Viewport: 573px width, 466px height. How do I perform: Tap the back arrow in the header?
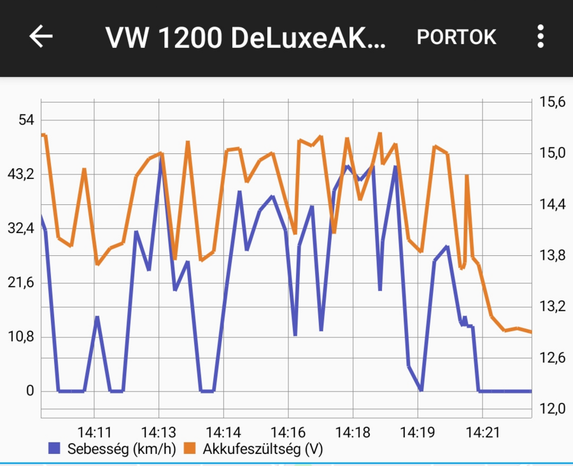(x=41, y=37)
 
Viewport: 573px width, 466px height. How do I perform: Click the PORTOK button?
(x=456, y=38)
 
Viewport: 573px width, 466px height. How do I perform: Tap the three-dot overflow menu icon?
(x=540, y=37)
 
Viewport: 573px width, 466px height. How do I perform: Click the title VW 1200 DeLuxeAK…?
(x=246, y=38)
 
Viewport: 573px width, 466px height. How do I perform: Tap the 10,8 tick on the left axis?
(x=22, y=337)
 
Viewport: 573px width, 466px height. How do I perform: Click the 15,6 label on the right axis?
(x=552, y=102)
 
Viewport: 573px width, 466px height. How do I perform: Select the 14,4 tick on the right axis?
(x=552, y=204)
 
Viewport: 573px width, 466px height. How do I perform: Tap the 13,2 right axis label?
(x=552, y=306)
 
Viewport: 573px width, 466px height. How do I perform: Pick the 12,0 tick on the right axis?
(x=552, y=409)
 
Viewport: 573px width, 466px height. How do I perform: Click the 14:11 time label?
(x=94, y=433)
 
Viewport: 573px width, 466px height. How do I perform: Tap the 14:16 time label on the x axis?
(x=288, y=433)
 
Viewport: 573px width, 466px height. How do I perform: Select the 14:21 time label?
(x=483, y=433)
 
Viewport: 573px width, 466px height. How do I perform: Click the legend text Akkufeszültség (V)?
(x=263, y=449)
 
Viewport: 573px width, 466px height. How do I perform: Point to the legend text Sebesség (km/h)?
(x=121, y=449)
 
